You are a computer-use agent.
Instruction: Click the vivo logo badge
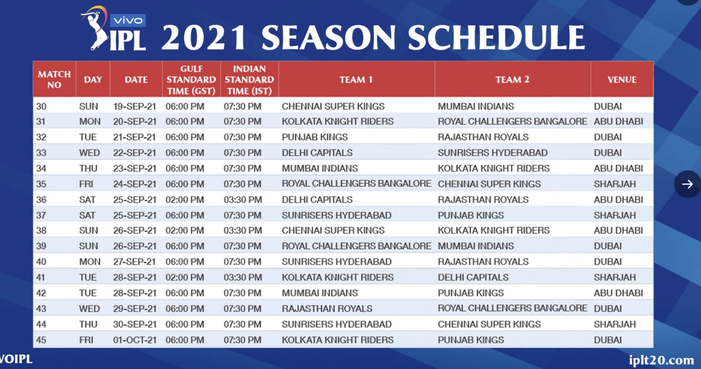(128, 20)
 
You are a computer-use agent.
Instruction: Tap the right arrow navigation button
(687, 184)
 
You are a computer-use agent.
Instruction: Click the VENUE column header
(622, 80)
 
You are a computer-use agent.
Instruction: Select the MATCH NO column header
(54, 80)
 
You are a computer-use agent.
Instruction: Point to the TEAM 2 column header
(512, 80)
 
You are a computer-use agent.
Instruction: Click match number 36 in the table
(41, 200)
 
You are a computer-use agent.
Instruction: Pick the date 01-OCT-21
(135, 340)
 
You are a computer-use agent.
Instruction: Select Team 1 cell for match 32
(315, 137)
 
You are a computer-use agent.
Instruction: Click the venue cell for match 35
(615, 184)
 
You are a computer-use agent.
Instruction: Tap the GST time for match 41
(185, 278)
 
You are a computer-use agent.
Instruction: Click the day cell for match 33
(89, 153)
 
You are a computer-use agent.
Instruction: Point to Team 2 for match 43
(513, 309)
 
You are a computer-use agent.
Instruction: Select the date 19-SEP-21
(135, 107)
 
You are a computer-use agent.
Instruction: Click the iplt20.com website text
(661, 360)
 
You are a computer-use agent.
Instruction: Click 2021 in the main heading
(203, 38)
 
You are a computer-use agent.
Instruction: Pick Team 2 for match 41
(473, 278)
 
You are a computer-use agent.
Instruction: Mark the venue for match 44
(615, 324)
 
